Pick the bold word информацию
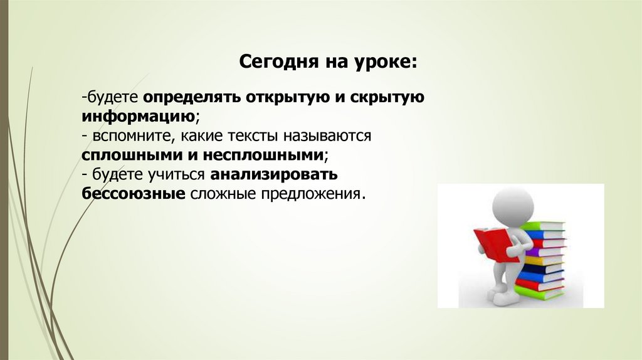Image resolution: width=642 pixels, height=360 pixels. tap(137, 117)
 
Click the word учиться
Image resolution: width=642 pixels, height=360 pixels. tap(178, 174)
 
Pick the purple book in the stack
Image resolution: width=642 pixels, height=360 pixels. tap(545, 243)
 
